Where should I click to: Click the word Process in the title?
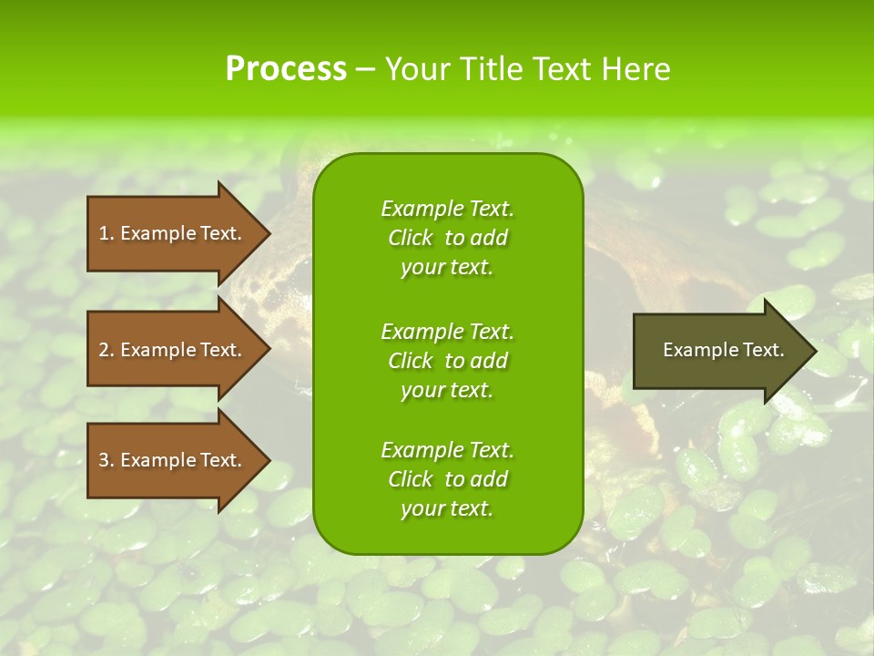click(x=286, y=69)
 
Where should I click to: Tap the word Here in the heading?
click(x=636, y=69)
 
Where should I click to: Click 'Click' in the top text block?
click(x=410, y=238)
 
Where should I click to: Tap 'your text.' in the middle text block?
click(x=446, y=390)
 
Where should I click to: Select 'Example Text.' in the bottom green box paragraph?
click(x=447, y=450)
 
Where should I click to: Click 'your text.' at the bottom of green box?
click(x=446, y=508)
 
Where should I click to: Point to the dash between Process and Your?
click(x=366, y=69)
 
